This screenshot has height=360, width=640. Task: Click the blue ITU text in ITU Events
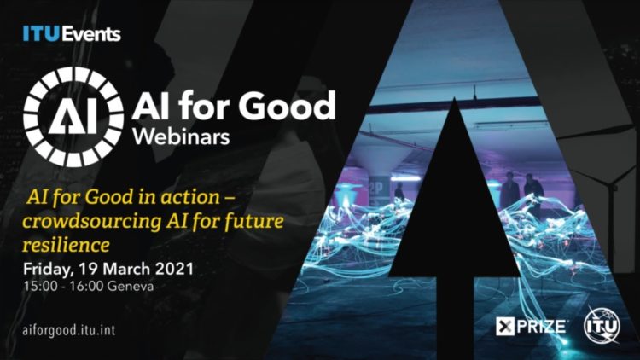[x=42, y=34]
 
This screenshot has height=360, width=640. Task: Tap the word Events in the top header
[x=91, y=34]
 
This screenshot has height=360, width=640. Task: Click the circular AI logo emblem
[x=73, y=117]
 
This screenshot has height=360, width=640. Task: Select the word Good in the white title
[x=288, y=105]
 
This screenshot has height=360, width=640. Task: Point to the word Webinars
[x=181, y=137]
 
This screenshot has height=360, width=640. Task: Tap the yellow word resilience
[x=66, y=246]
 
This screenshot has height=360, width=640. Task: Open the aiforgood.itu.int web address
[x=69, y=330]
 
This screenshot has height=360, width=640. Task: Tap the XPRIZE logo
[x=531, y=327]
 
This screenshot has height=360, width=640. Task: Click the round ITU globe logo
[x=602, y=326]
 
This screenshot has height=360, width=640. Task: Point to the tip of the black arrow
[x=454, y=97]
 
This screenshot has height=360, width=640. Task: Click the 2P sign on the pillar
[x=375, y=189]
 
